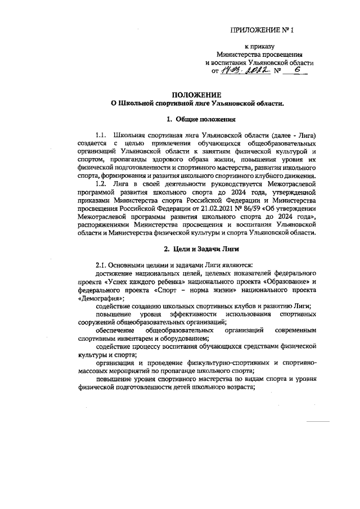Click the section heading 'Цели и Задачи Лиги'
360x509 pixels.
coord(201,249)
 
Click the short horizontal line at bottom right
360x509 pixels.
coord(317,421)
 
